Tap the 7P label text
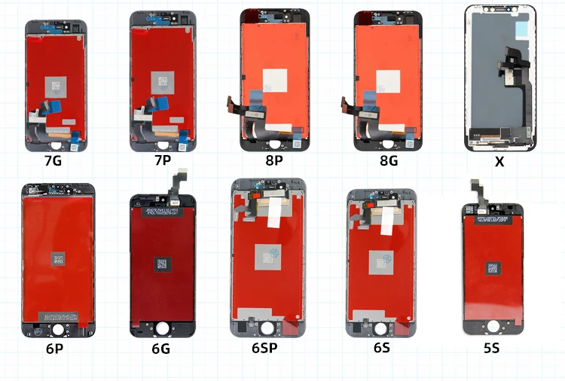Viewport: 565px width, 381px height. pyautogui.click(x=163, y=160)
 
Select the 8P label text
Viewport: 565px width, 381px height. pyautogui.click(x=275, y=160)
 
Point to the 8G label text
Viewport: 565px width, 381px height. pyautogui.click(x=389, y=160)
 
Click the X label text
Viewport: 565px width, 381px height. pyautogui.click(x=499, y=161)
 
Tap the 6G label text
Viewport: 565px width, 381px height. pyautogui.click(x=161, y=349)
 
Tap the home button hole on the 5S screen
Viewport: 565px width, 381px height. pyautogui.click(x=493, y=325)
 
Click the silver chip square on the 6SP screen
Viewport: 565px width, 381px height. pyautogui.click(x=267, y=256)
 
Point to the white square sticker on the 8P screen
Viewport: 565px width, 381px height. pyautogui.click(x=275, y=80)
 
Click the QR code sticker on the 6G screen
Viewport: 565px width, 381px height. pyautogui.click(x=161, y=264)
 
